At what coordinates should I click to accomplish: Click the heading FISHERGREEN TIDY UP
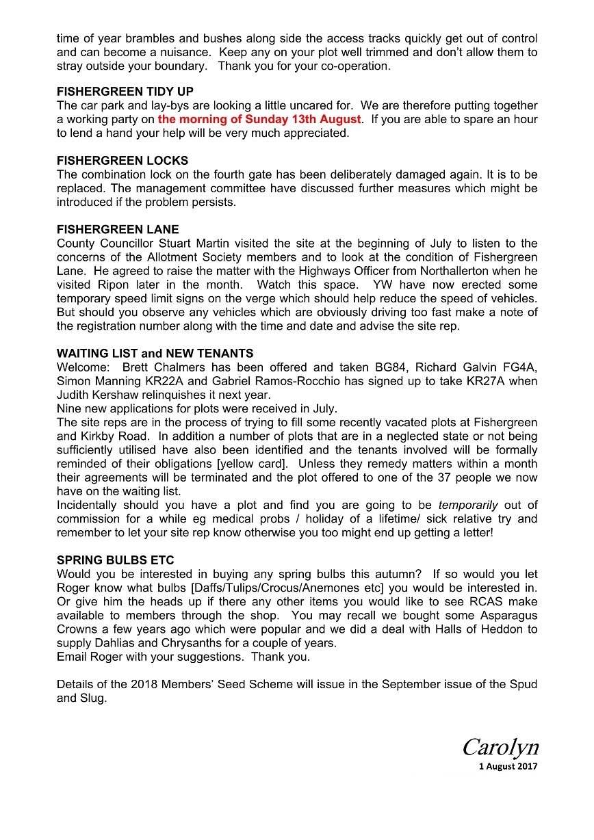(125, 92)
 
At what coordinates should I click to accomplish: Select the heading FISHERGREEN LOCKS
(122, 161)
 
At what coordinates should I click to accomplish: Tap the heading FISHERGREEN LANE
(118, 230)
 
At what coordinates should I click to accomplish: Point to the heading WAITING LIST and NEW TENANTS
(155, 354)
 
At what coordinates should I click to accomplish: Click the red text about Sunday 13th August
(259, 120)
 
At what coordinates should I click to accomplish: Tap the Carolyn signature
(500, 746)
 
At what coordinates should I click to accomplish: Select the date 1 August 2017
(508, 766)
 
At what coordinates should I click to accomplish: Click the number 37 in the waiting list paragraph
(445, 477)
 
